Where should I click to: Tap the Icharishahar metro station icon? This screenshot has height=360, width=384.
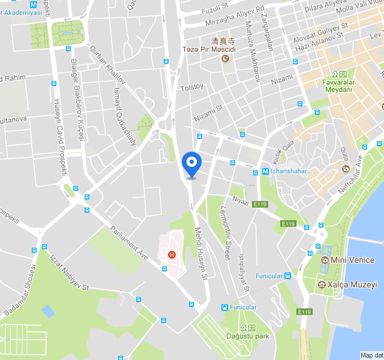click(265, 172)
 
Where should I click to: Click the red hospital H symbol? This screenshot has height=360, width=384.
click(172, 254)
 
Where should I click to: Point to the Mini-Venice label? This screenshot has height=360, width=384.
click(353, 260)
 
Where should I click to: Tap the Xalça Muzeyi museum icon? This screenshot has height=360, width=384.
click(322, 284)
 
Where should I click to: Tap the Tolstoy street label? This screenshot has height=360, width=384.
click(192, 86)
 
